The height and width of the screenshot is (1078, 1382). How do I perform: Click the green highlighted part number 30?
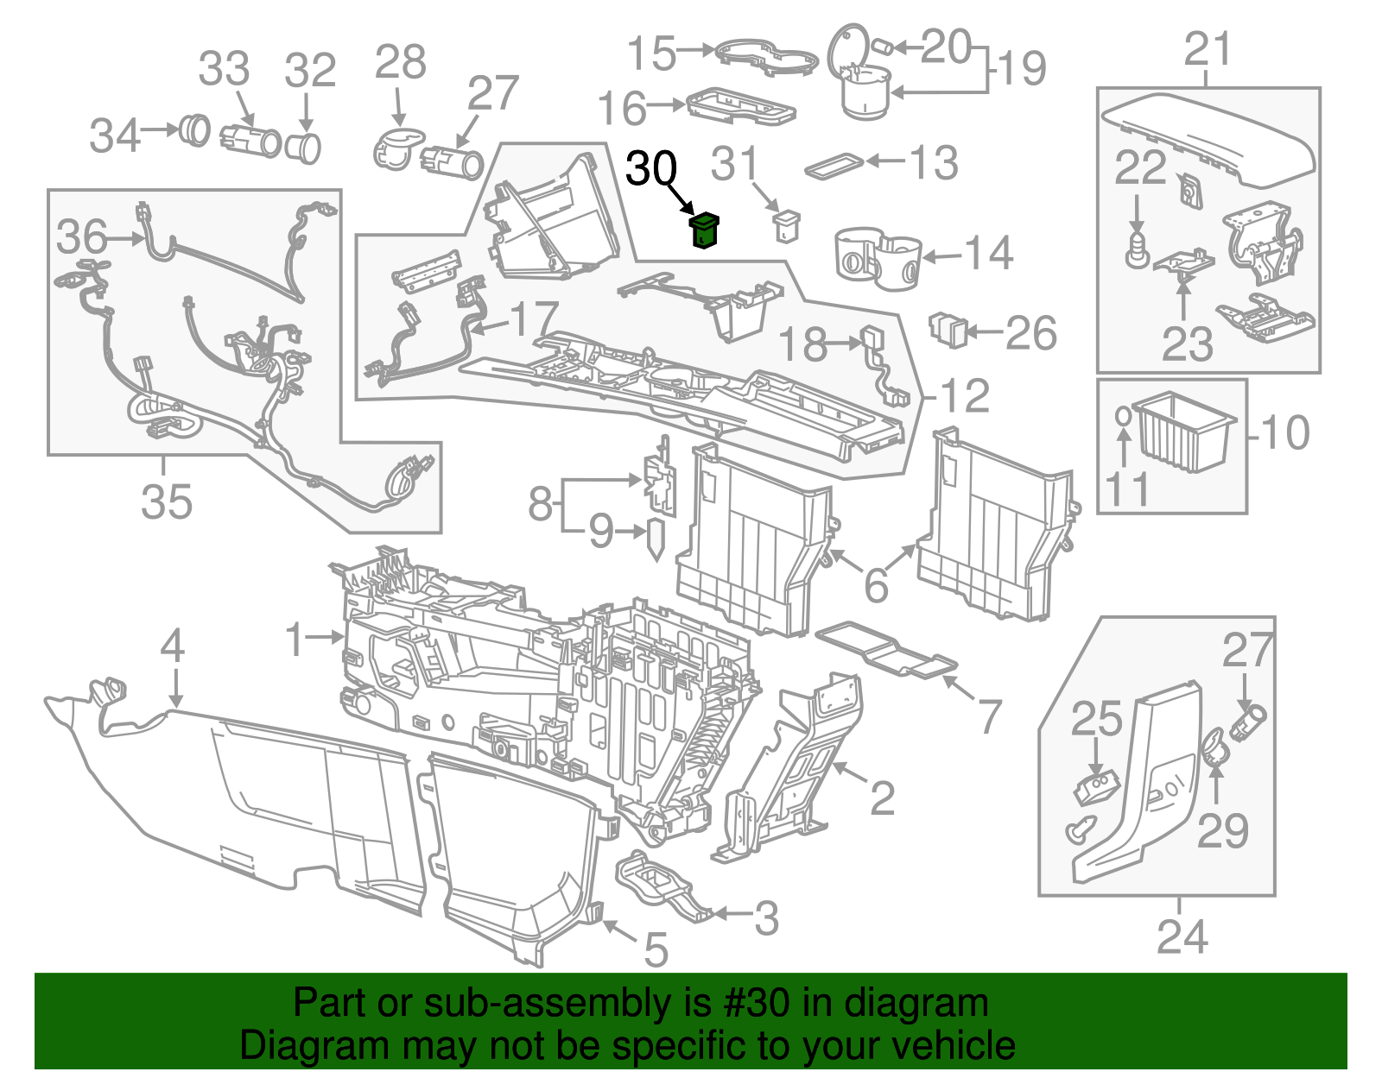pos(706,230)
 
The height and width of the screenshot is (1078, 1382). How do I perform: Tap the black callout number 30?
pos(651,168)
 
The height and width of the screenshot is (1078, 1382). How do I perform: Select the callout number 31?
pos(734,164)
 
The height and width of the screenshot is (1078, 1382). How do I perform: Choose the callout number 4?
pos(173,646)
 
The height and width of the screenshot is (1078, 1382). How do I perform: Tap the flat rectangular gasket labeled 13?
pos(834,166)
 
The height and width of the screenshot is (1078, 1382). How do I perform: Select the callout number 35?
pos(166,501)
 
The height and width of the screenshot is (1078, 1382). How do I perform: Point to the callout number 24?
pos(1182,936)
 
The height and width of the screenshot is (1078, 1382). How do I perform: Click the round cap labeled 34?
pos(194,131)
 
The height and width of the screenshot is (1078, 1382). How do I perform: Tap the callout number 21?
pos(1207,49)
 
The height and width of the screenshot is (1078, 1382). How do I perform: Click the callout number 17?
pos(535,319)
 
